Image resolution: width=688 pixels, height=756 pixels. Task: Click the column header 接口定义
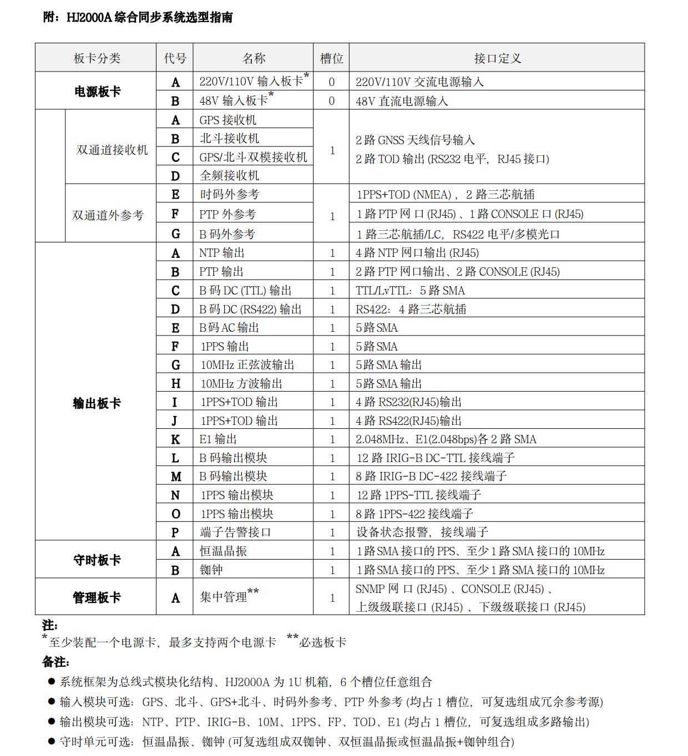(x=497, y=58)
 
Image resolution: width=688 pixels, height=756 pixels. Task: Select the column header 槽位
(x=331, y=58)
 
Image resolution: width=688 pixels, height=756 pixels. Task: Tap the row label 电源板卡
(x=97, y=92)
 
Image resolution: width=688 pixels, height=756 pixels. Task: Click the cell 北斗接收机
(x=229, y=139)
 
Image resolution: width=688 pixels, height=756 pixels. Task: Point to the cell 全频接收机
(x=229, y=176)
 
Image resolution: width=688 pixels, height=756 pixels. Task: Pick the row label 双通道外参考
(x=108, y=215)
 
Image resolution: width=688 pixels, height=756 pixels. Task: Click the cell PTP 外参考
(x=227, y=214)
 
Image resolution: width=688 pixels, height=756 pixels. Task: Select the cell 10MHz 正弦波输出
(x=247, y=365)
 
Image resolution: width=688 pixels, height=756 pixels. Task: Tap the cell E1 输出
(x=218, y=439)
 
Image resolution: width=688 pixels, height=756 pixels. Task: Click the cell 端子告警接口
(x=235, y=532)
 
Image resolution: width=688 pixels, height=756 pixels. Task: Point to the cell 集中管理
(x=224, y=597)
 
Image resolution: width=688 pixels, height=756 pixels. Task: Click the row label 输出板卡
(x=97, y=403)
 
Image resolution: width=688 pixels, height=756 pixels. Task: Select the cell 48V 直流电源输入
(x=402, y=101)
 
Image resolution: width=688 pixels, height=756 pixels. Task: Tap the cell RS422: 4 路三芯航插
(x=411, y=309)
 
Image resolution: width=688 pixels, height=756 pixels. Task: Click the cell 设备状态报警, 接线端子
(x=422, y=532)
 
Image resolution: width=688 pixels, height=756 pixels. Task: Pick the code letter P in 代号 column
(x=175, y=532)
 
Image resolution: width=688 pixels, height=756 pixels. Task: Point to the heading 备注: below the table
(x=56, y=662)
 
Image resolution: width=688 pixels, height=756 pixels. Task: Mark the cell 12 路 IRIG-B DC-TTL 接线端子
(x=436, y=458)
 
